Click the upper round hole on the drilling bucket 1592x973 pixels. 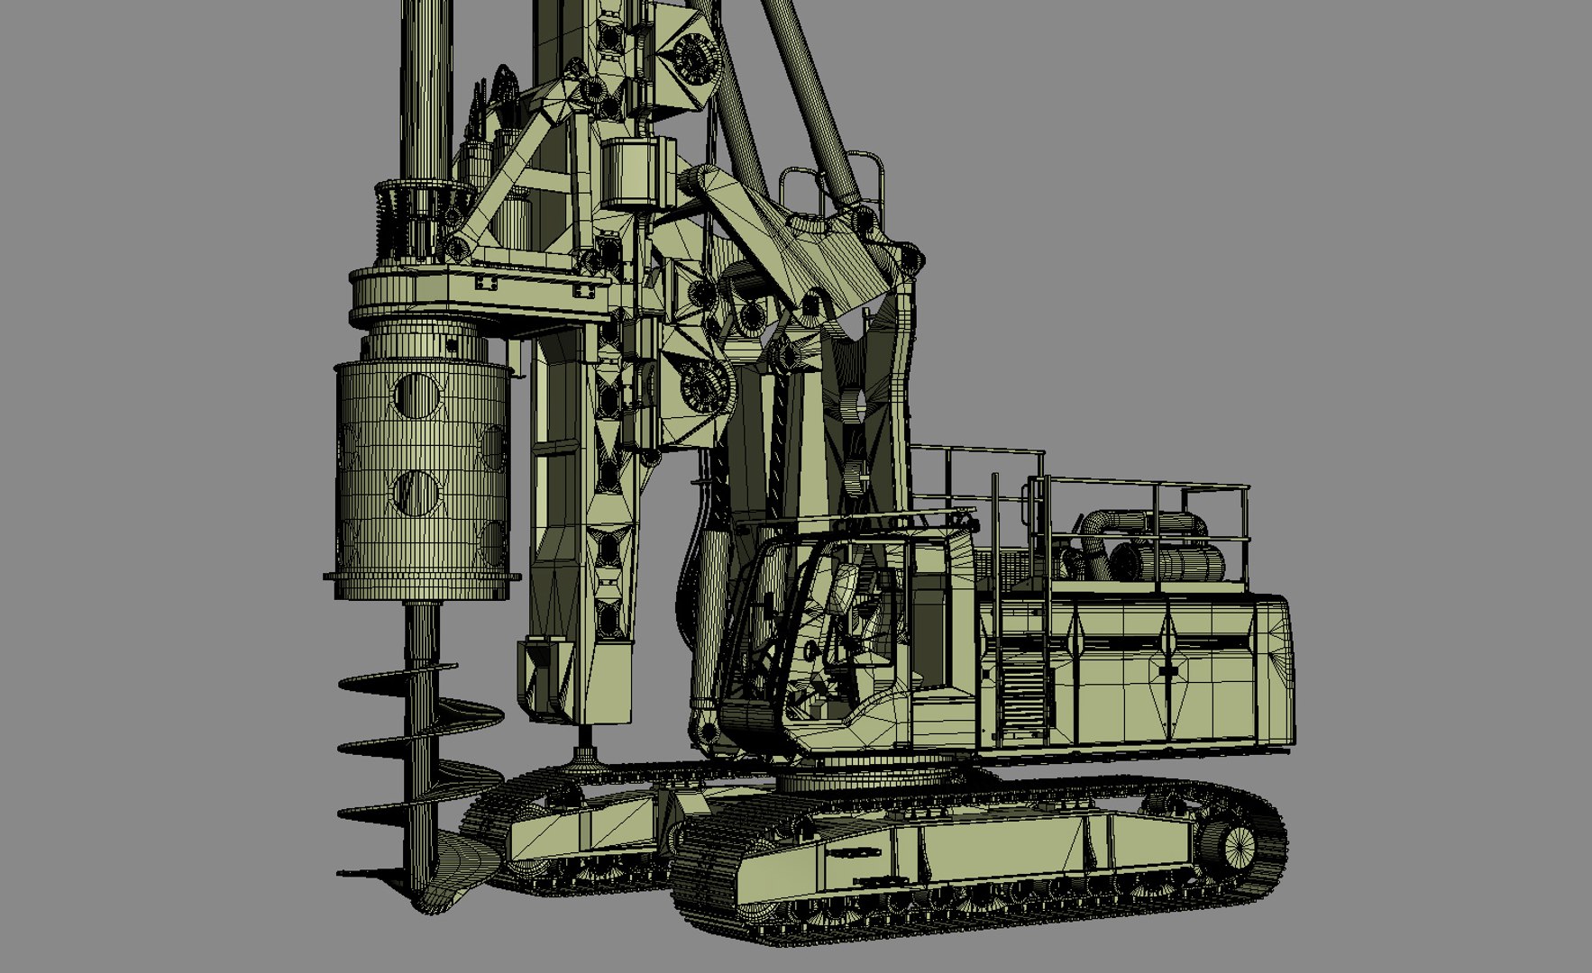coord(416,396)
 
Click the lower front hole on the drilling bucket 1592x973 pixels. coord(416,492)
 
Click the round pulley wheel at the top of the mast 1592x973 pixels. coord(693,54)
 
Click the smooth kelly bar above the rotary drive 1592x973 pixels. coord(423,90)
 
